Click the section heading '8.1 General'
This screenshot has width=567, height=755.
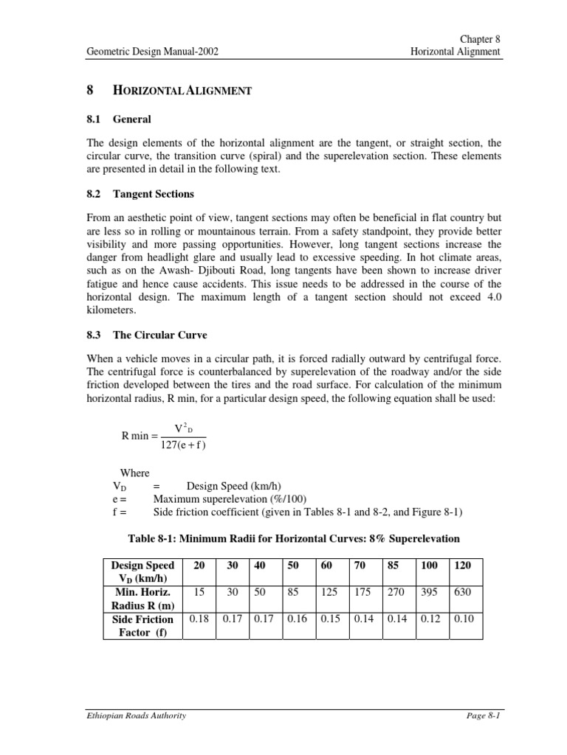coord(119,119)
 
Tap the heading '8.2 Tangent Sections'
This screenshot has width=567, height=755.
coord(140,194)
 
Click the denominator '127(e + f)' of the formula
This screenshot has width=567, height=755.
coord(183,444)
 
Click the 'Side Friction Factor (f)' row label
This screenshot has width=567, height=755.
coord(142,626)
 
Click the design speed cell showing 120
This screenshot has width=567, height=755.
coord(464,565)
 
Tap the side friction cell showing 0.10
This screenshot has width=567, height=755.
coord(464,619)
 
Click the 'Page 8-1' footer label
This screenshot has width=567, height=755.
coord(483,715)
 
